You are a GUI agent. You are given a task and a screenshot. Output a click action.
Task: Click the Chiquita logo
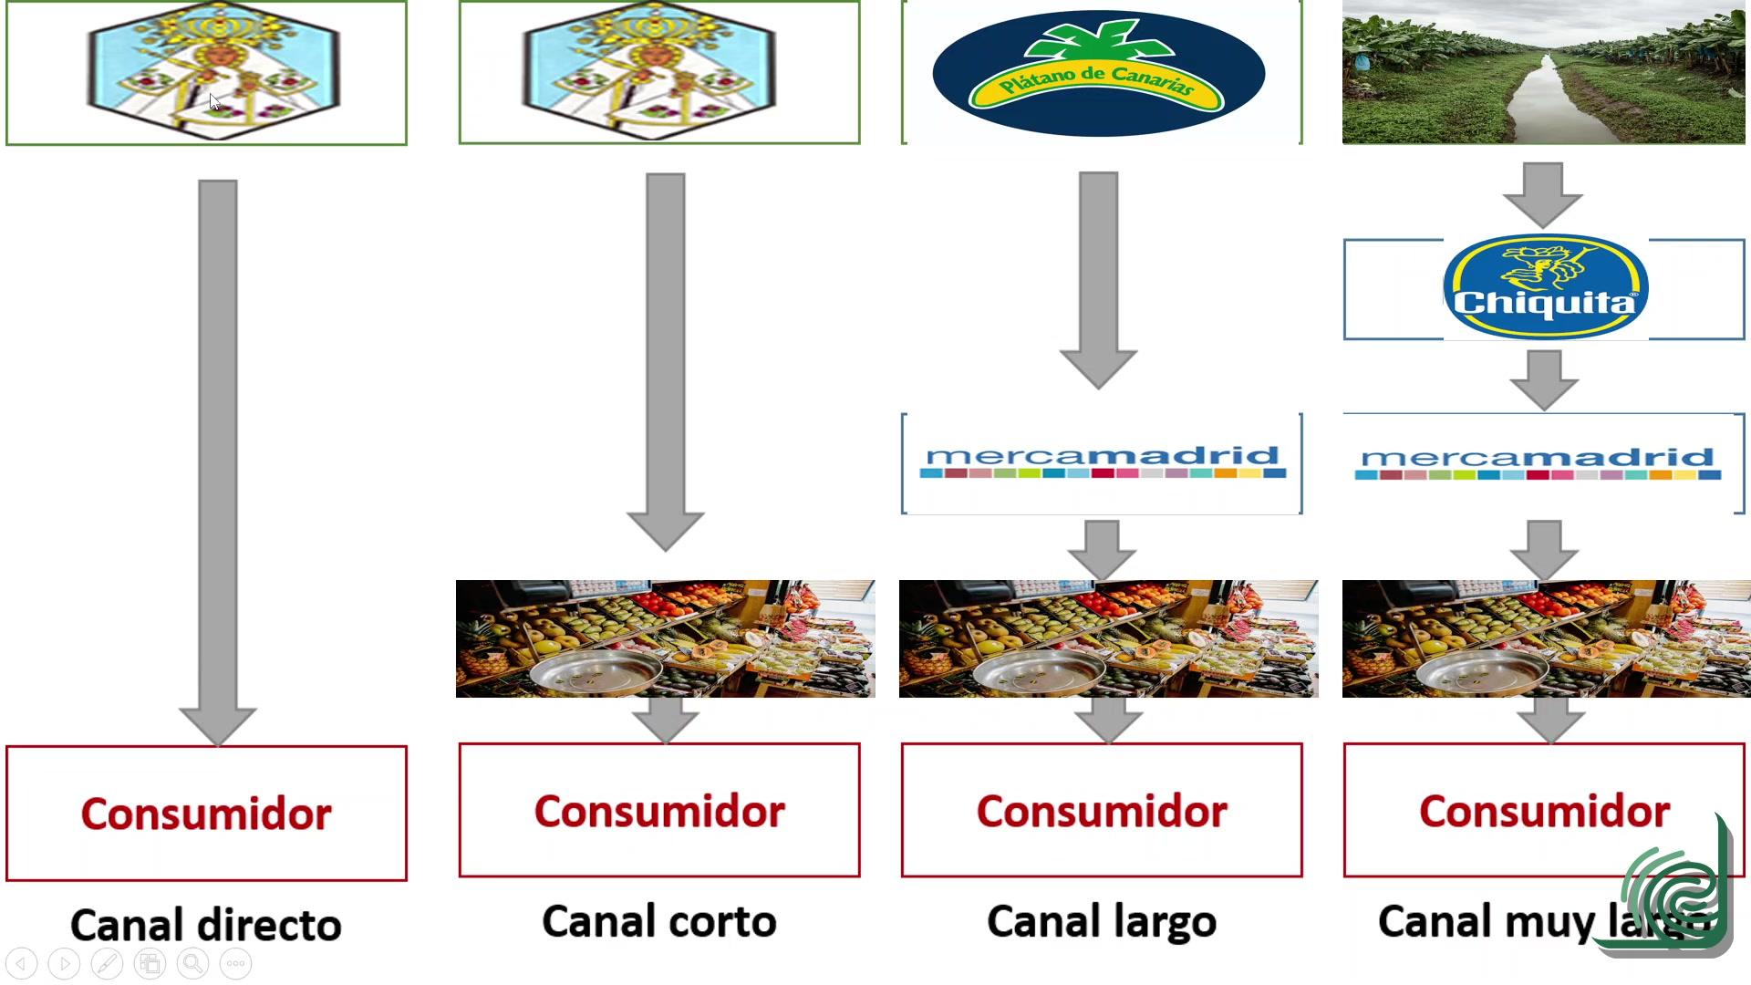coord(1545,287)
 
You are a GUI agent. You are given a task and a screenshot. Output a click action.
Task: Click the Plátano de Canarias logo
coord(1099,74)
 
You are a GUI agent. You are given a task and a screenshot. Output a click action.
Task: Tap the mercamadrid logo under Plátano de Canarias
coord(1102,462)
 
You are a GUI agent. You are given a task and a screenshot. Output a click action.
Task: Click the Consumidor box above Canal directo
coord(206,813)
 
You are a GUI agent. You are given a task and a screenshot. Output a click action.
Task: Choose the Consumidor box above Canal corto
coord(658,810)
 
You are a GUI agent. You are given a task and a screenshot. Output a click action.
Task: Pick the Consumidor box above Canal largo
coord(1102,810)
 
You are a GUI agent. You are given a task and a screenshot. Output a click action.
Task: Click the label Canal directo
coord(206,925)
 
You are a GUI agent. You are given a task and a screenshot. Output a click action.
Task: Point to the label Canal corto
coord(658,921)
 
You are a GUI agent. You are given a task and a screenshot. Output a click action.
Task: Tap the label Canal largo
coord(1102,921)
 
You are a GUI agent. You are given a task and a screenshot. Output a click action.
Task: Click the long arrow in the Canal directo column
coord(217,456)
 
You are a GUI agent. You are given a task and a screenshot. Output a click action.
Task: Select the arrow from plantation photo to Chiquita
coord(1543,194)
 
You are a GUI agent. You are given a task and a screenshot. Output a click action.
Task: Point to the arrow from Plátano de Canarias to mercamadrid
coord(1098,278)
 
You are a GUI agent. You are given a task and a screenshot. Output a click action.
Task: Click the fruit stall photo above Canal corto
coord(665,638)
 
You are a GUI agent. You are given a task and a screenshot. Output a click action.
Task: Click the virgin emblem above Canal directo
coord(213,70)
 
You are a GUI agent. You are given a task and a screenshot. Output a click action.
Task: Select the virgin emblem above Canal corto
coord(648,70)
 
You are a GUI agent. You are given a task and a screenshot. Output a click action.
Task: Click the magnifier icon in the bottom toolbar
coord(192,963)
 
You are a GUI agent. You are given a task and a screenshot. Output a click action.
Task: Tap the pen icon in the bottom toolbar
coord(107,963)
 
